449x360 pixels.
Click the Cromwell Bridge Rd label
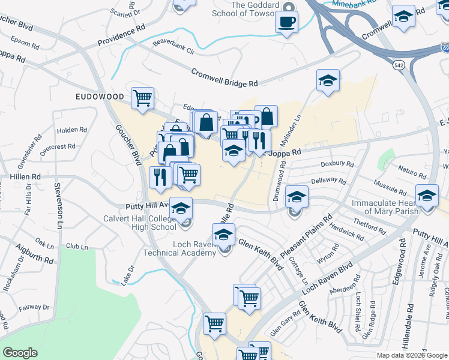pos(224,77)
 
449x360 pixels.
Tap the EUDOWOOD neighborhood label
pos(100,96)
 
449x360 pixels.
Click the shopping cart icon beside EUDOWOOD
pos(142,97)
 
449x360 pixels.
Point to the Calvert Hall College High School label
pos(139,223)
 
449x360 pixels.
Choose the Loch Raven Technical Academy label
pos(179,248)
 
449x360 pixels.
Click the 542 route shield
pos(399,64)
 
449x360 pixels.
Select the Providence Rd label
pos(122,37)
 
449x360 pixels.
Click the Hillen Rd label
pos(25,177)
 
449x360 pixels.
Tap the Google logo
pos(20,353)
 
